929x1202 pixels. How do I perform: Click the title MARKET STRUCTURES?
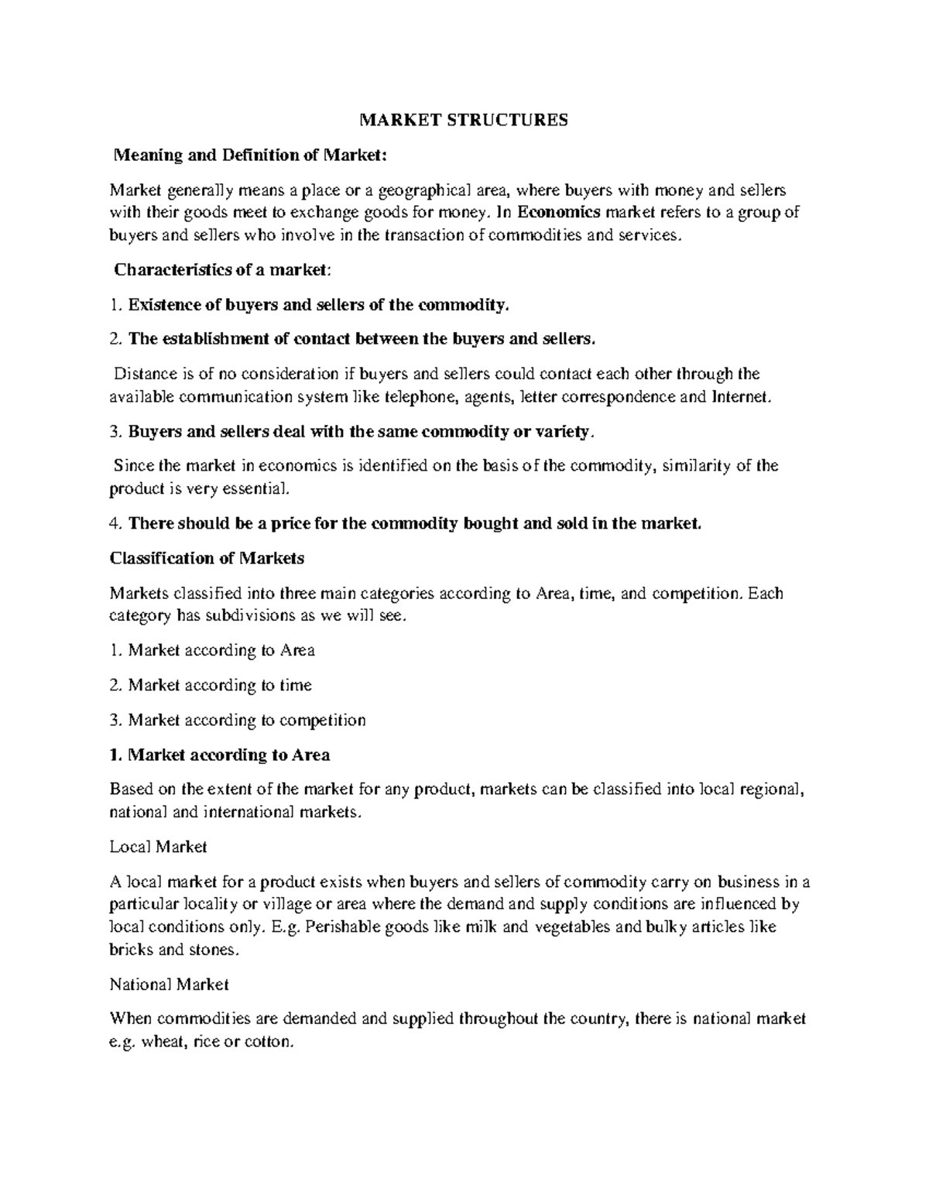coord(463,120)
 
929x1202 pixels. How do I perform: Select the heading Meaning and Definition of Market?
coord(249,155)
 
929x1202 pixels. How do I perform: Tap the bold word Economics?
coord(559,212)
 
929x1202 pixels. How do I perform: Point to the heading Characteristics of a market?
coord(222,269)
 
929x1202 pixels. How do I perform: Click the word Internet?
coord(741,397)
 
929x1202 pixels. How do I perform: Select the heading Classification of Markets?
coord(207,558)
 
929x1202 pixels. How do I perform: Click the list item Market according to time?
coord(220,685)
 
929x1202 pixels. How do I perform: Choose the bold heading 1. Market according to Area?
coord(220,755)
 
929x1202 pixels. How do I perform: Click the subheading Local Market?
coord(158,847)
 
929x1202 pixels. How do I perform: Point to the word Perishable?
coord(341,927)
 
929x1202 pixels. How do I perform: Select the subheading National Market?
coord(169,985)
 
